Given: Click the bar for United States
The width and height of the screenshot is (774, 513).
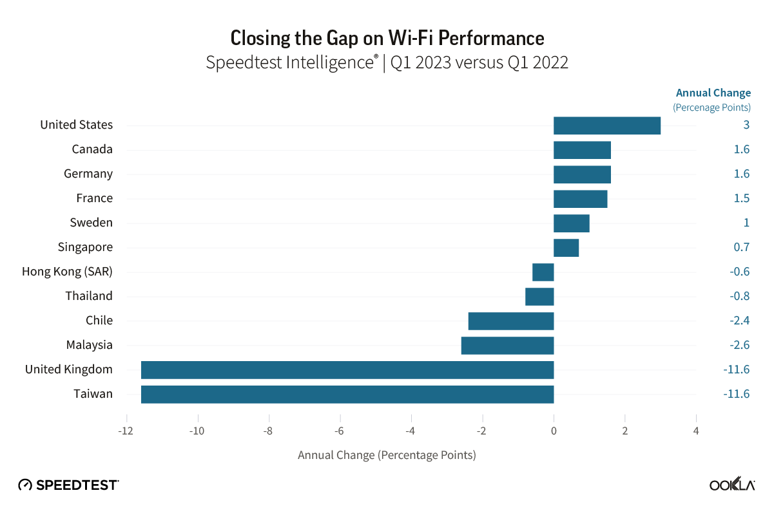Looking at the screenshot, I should pos(607,126).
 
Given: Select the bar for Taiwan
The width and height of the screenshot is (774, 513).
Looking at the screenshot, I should pos(347,394).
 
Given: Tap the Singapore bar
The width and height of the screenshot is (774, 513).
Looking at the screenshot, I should pos(566,247).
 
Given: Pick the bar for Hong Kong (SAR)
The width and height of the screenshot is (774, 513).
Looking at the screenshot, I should pos(543,272).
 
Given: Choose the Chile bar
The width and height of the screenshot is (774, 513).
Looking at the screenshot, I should pos(510,321).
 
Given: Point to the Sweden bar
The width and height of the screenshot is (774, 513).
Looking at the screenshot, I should pos(571,223).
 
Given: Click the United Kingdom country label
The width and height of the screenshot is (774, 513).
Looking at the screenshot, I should pos(69,369).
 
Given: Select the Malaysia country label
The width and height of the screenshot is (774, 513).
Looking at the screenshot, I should pos(89,345).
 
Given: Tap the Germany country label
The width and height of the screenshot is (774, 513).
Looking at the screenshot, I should pos(88,174).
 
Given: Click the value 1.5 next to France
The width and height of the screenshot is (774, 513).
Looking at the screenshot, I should pos(741,198).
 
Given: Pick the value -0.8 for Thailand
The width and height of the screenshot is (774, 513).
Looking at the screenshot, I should pos(739,296).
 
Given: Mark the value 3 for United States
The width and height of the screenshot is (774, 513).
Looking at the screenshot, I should pos(746,125).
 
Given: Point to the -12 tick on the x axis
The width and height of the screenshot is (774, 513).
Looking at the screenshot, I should pos(126,431).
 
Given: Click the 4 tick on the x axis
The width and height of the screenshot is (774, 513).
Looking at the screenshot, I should pos(696,431).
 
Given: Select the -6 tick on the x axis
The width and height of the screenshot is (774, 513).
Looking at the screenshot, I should pos(340,431).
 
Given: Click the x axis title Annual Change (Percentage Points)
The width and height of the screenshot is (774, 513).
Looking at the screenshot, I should pos(387,455).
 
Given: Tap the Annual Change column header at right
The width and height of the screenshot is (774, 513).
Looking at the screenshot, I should pos(713,93).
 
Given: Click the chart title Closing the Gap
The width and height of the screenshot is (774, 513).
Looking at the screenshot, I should pos(387,38).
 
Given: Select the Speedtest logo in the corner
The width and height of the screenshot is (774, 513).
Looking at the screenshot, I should pos(68,485).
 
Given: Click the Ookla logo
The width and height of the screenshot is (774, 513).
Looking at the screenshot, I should pos(732,485).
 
